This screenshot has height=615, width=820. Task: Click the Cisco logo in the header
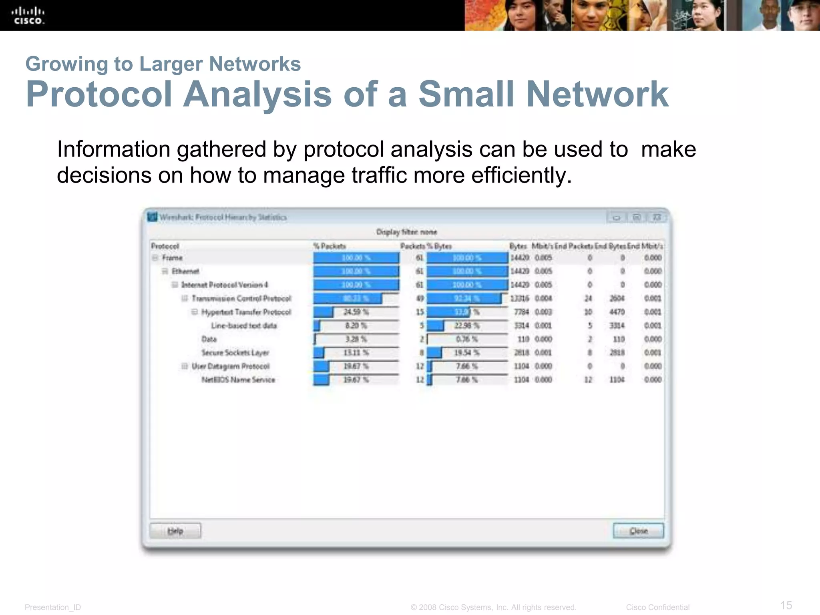tap(28, 16)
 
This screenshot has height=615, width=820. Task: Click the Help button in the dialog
tap(175, 531)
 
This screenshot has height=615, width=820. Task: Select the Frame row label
tap(172, 258)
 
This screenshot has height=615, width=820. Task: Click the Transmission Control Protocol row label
tap(241, 299)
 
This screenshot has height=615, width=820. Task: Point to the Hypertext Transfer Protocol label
tap(246, 312)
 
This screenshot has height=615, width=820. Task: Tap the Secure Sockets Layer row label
tap(235, 353)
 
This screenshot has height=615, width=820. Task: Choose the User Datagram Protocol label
tap(230, 366)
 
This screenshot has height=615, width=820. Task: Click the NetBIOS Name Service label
tap(238, 380)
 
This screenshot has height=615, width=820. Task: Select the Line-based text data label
tap(244, 326)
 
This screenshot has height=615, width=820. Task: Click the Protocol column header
tap(165, 246)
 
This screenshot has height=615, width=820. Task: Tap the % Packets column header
tap(330, 246)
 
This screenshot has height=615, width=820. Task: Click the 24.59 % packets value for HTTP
tap(356, 312)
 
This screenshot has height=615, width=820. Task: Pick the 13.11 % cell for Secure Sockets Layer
tap(356, 353)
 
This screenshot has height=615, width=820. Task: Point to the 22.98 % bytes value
tap(466, 326)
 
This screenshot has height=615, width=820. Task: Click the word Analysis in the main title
tap(257, 94)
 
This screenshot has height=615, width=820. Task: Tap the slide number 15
tap(786, 605)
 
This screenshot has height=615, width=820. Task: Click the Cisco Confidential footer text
tap(657, 607)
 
